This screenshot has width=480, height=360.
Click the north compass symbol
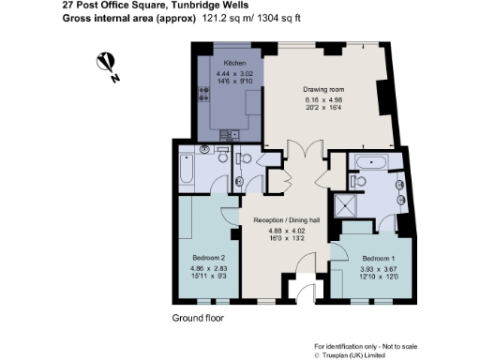pyautogui.click(x=108, y=66)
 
